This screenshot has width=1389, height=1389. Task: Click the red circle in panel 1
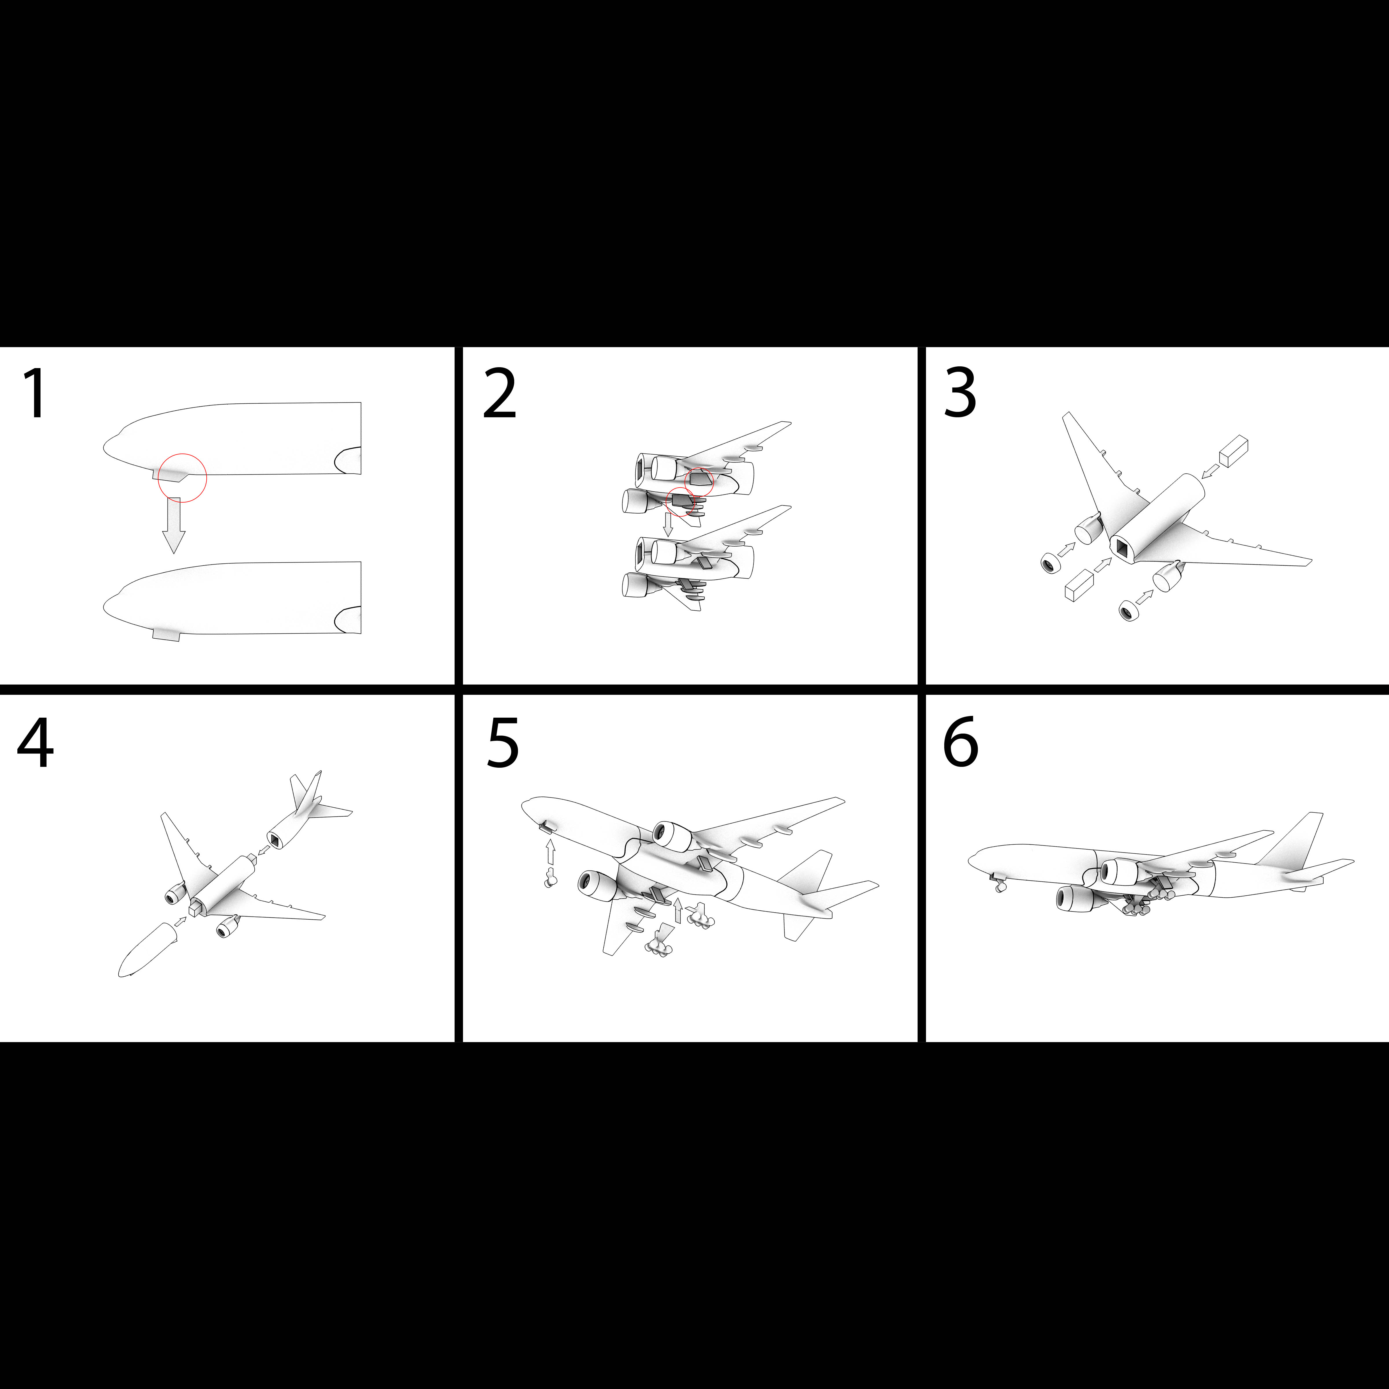[x=183, y=454]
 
